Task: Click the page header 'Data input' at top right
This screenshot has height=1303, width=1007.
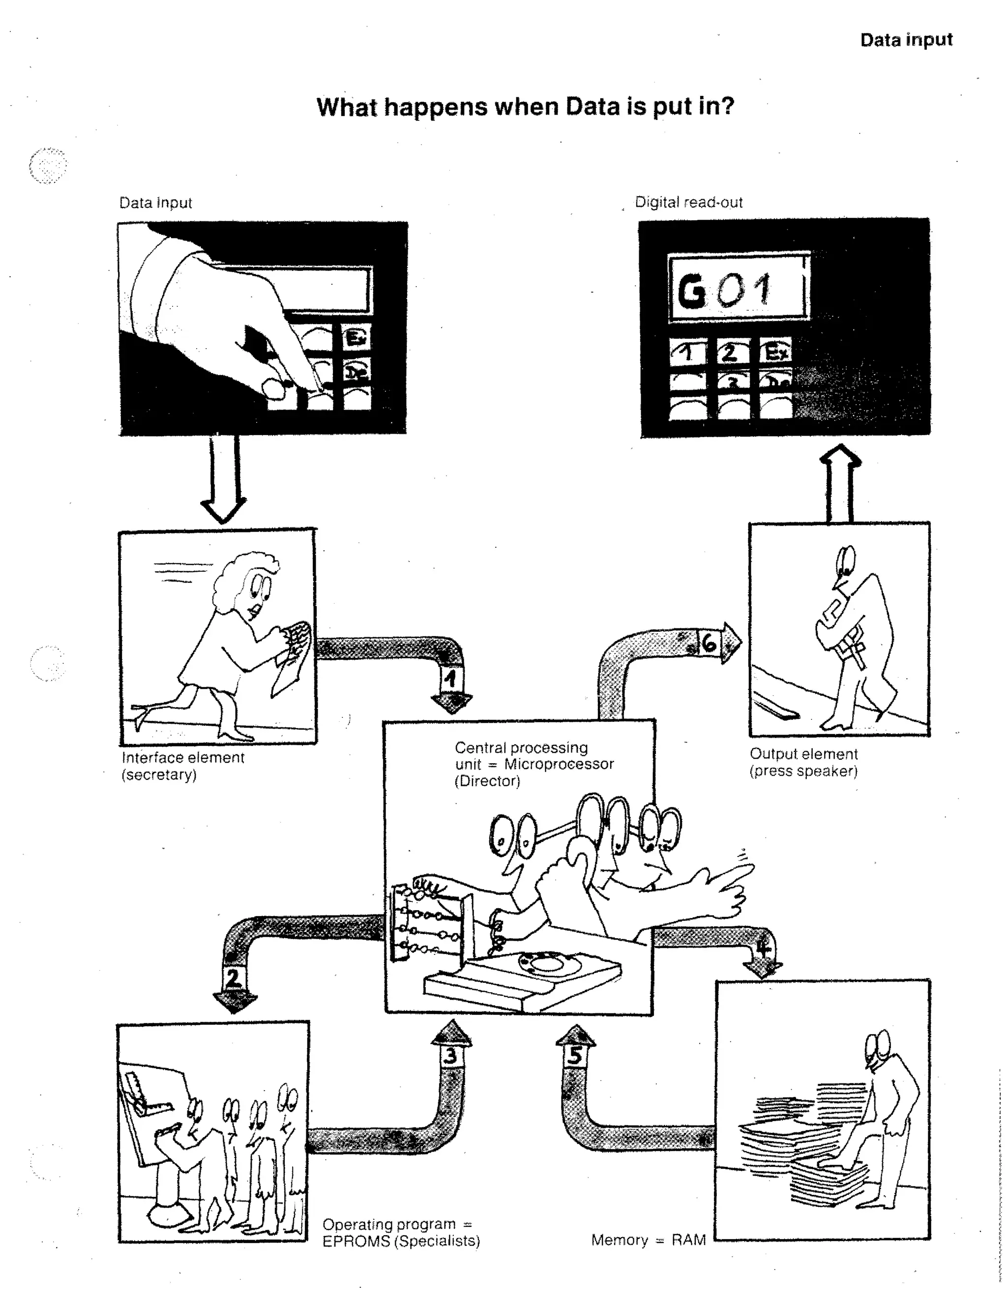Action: (906, 40)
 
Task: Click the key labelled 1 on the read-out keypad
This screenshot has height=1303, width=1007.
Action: (688, 353)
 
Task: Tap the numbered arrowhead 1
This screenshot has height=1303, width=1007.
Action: (451, 680)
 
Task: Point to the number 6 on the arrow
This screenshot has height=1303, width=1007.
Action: (709, 644)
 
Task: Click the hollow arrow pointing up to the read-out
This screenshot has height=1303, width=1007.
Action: (840, 485)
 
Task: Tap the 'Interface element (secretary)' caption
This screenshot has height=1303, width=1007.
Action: (182, 766)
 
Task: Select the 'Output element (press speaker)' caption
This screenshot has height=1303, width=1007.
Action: (803, 763)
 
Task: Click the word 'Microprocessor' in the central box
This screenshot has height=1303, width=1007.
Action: (559, 764)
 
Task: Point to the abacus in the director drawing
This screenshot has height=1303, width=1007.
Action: (425, 922)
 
